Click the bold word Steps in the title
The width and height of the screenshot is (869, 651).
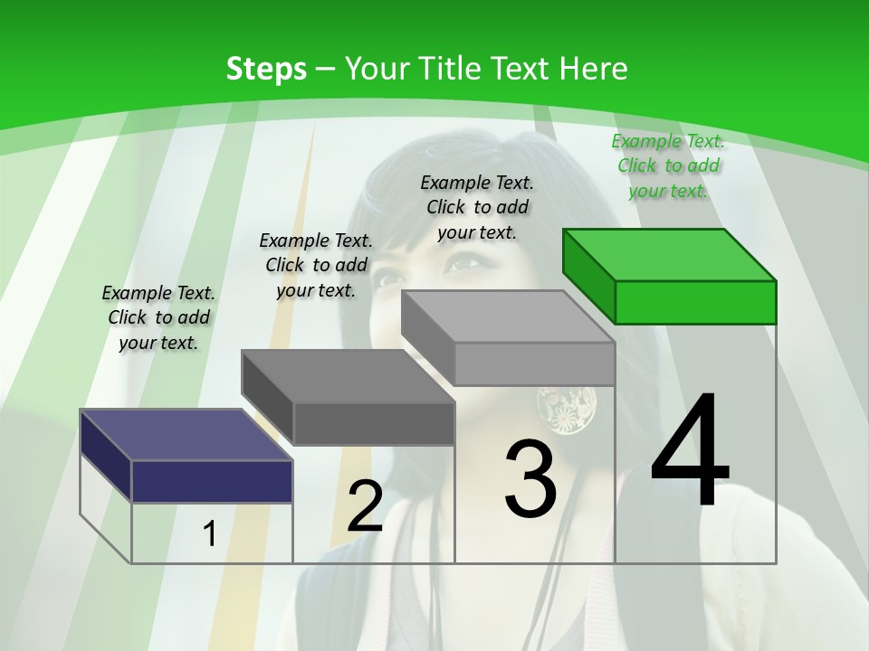[266, 69]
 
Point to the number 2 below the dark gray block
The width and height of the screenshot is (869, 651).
[365, 506]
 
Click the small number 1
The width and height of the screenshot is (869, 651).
[209, 534]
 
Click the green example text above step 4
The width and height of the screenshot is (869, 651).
[668, 165]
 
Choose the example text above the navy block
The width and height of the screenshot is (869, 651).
[158, 317]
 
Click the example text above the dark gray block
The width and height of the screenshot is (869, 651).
[316, 265]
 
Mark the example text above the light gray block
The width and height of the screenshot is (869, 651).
[477, 207]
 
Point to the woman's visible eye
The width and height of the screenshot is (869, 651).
[464, 263]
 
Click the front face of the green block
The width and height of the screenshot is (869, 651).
[695, 302]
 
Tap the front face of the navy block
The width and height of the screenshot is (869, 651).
[212, 481]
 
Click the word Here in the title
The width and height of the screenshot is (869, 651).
[594, 69]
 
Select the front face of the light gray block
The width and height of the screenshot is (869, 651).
[534, 363]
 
